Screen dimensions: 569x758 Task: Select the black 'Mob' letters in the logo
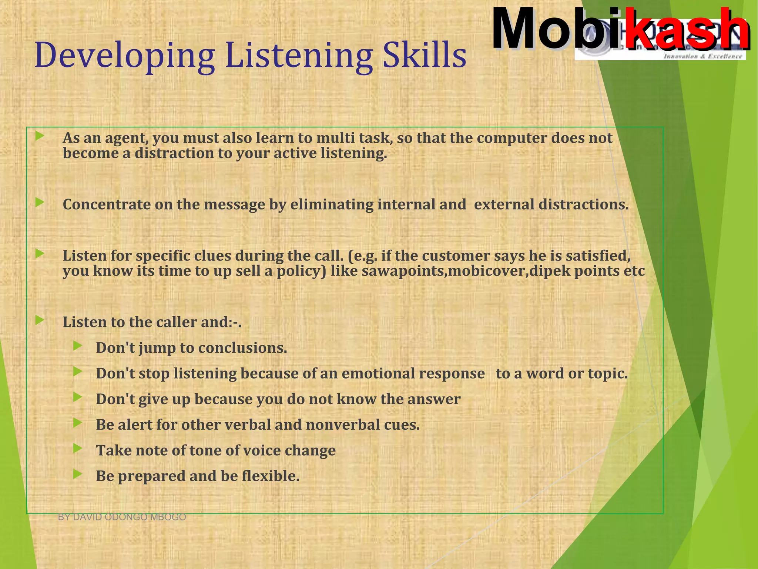point(551,30)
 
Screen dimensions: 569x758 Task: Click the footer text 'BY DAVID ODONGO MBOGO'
point(122,517)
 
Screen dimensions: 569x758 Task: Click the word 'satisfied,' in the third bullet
point(598,256)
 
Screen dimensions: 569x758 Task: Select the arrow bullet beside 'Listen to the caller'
point(40,320)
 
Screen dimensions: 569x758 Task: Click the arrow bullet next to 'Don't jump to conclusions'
point(77,346)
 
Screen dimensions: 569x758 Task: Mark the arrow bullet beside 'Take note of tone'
point(77,449)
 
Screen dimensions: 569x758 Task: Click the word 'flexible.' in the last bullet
point(271,476)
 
